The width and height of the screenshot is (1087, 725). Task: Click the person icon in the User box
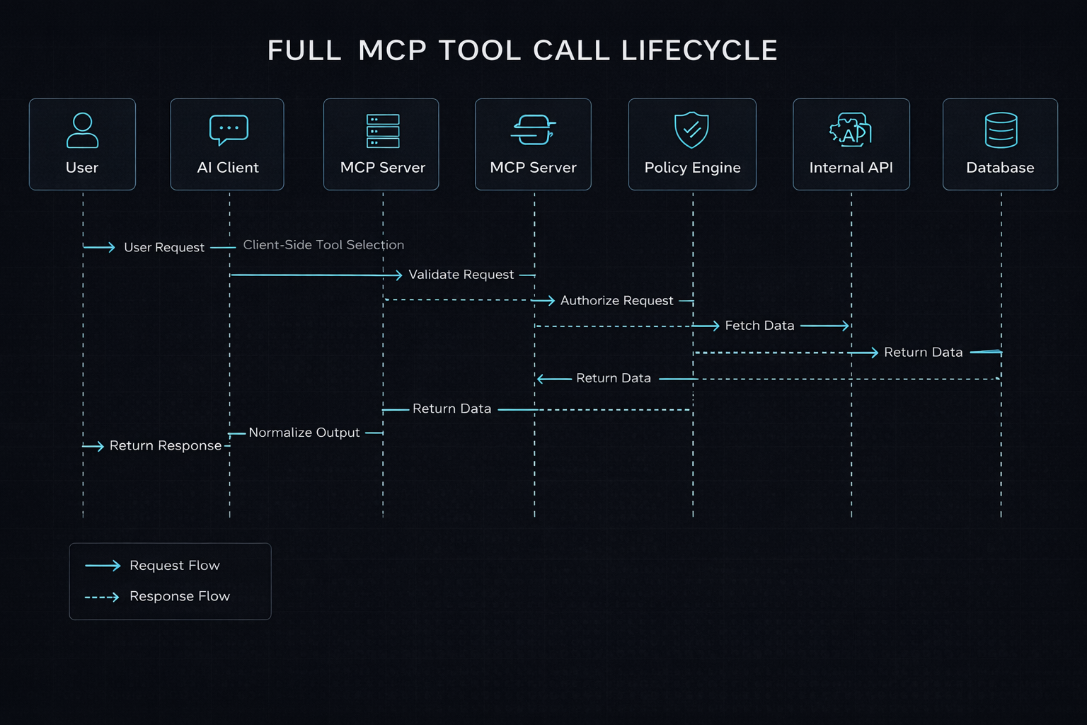pos(82,130)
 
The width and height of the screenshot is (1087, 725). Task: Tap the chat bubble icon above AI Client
pos(229,130)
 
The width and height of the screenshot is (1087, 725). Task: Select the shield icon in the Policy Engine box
pos(691,130)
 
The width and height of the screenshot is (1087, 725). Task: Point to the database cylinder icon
pos(1001,130)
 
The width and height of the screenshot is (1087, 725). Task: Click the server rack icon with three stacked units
pos(383,131)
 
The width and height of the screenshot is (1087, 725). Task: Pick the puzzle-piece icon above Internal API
pos(850,130)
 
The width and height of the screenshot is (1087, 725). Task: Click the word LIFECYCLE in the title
pos(699,51)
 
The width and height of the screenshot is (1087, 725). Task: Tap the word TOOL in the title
pos(480,51)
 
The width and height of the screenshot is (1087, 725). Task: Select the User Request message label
pos(164,248)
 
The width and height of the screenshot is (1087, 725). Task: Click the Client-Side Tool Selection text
pos(323,245)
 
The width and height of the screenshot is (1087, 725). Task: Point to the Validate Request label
pos(461,275)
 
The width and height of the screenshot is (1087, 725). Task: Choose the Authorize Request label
pos(616,301)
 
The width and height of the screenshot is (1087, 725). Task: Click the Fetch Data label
pos(759,326)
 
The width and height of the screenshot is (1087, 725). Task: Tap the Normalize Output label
pos(304,433)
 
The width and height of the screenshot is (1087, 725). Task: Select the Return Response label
pos(166,446)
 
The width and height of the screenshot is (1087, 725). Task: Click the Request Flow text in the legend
pos(175,566)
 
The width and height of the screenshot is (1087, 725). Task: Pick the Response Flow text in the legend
pos(180,597)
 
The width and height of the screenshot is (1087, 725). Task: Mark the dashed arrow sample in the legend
pos(102,598)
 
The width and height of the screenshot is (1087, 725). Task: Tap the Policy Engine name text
pos(692,168)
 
